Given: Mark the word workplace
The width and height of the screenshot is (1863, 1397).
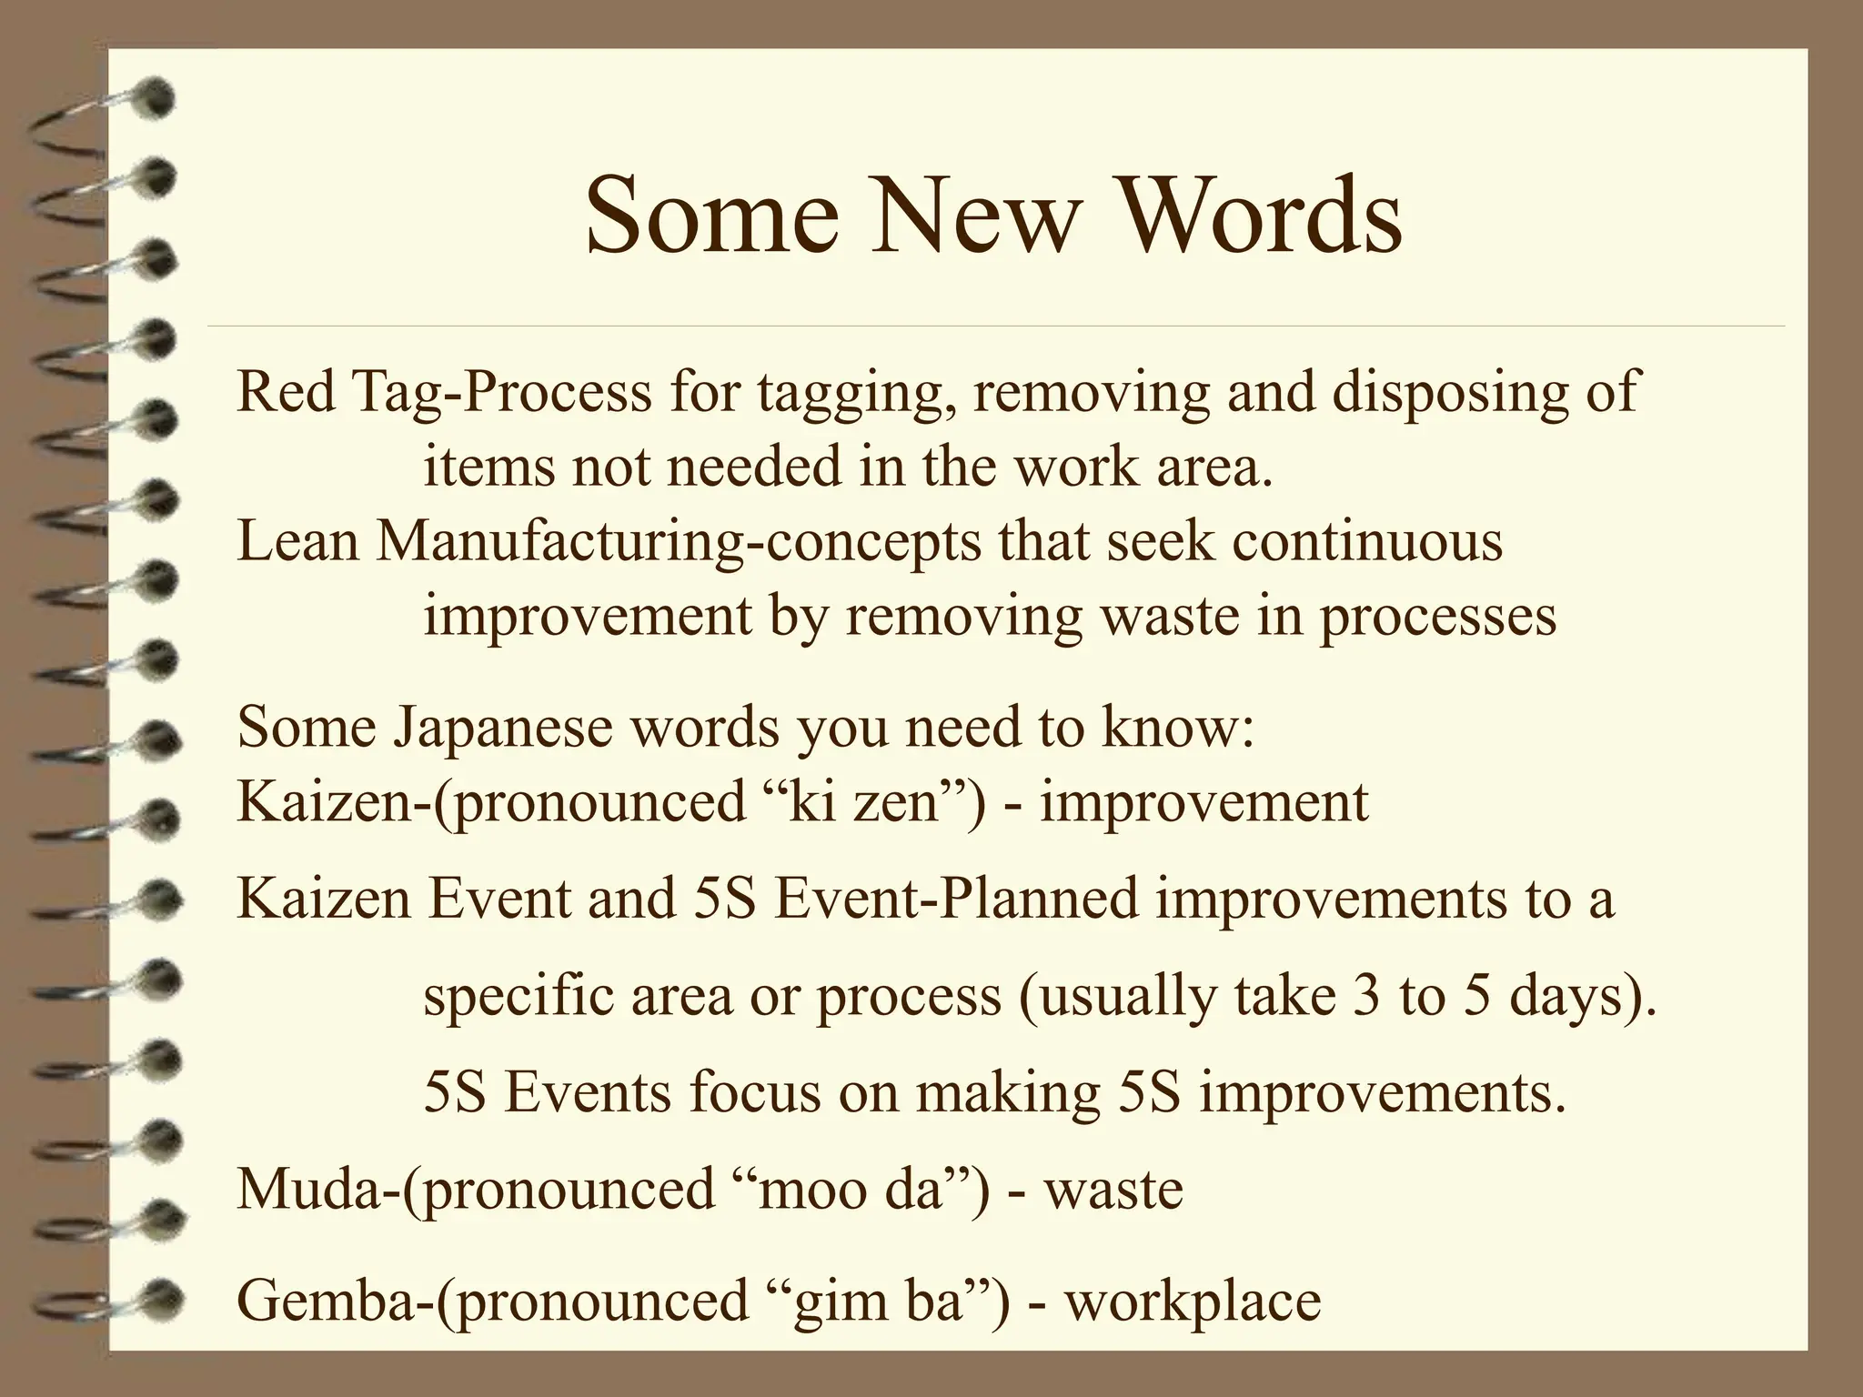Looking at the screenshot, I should [x=1193, y=1301].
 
